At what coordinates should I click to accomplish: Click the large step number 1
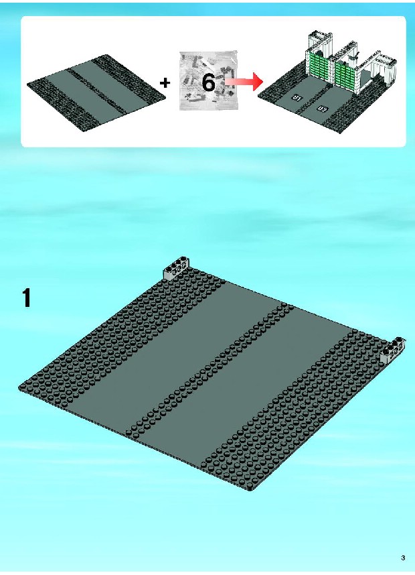tap(26, 298)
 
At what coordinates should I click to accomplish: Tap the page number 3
tap(403, 558)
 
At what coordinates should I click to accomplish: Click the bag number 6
tap(208, 82)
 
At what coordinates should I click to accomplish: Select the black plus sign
tap(165, 83)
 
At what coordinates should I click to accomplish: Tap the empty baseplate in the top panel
tap(96, 92)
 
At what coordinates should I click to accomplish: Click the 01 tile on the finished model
tap(297, 98)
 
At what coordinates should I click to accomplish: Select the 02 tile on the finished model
tap(322, 109)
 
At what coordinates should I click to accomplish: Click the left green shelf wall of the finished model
tap(319, 66)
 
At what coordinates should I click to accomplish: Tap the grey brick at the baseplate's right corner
tap(393, 350)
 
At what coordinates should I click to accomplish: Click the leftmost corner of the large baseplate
tap(19, 387)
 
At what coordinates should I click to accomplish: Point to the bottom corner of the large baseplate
tap(251, 490)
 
